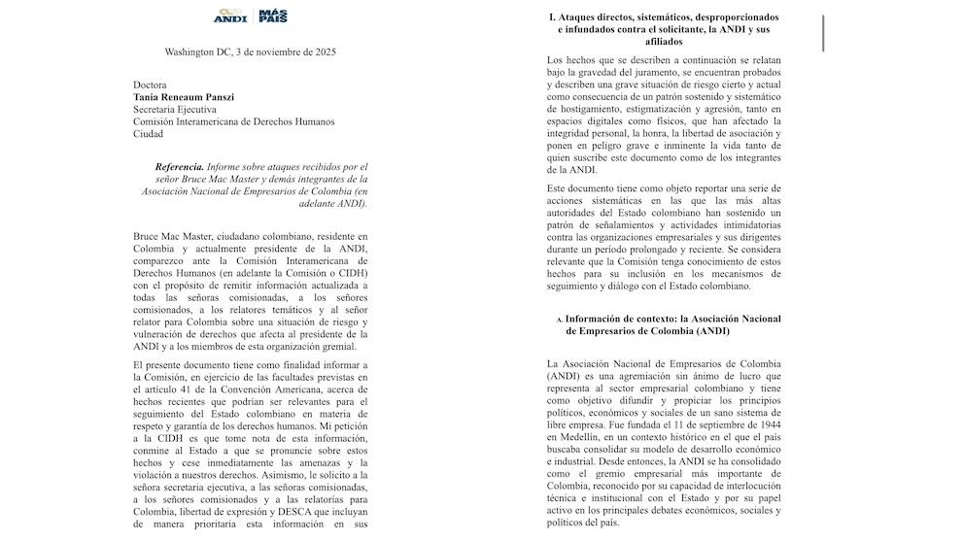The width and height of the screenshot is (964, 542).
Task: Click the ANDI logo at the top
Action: click(230, 17)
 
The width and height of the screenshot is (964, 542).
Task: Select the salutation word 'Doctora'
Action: click(151, 85)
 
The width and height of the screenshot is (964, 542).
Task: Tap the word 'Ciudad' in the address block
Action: click(148, 134)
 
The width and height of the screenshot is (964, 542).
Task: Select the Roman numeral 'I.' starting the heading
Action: click(552, 17)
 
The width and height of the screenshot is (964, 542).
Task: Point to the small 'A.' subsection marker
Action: click(560, 320)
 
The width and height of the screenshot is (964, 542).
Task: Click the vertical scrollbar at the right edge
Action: click(822, 33)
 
